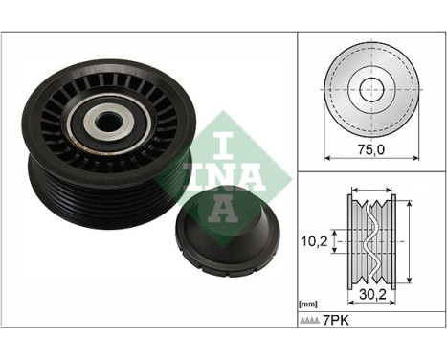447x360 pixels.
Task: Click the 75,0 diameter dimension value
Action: [x=369, y=149]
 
